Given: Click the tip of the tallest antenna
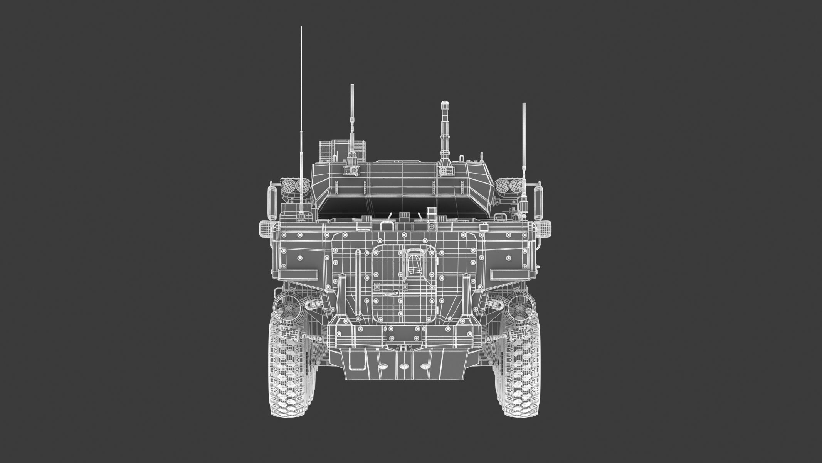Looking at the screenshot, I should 301,28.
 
